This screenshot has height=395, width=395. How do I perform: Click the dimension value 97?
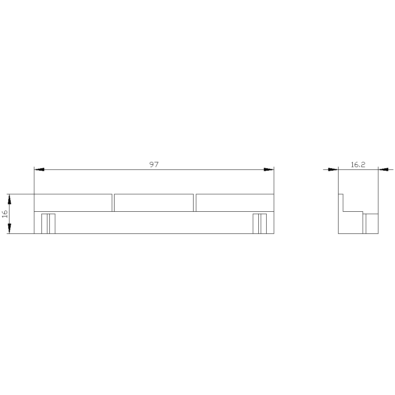click(154, 165)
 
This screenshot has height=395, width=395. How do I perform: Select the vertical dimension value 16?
click(5, 214)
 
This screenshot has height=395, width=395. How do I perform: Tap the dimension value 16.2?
click(358, 165)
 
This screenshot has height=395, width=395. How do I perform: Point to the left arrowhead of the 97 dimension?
click(39, 169)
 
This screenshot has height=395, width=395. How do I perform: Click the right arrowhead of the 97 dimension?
click(269, 169)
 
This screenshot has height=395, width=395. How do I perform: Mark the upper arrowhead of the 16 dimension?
click(9, 199)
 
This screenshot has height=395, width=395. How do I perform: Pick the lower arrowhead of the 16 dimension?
click(9, 229)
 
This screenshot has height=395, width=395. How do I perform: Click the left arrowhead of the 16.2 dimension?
click(333, 169)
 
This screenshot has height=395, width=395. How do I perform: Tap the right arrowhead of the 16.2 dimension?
click(383, 169)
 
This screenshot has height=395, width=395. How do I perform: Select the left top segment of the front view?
click(73, 203)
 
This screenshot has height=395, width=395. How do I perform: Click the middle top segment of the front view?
click(154, 203)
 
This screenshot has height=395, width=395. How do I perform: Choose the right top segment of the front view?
click(235, 203)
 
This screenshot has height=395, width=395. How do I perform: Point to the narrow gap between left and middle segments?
click(113, 203)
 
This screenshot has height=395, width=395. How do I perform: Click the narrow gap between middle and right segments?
click(195, 203)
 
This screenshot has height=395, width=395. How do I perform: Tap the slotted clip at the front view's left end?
click(48, 224)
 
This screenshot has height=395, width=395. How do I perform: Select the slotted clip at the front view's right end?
click(260, 224)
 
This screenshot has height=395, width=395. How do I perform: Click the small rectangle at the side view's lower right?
click(371, 224)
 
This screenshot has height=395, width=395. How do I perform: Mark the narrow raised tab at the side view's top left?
click(341, 202)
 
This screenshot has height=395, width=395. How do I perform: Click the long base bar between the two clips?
click(154, 223)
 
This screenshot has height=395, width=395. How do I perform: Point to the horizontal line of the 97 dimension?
click(99, 169)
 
